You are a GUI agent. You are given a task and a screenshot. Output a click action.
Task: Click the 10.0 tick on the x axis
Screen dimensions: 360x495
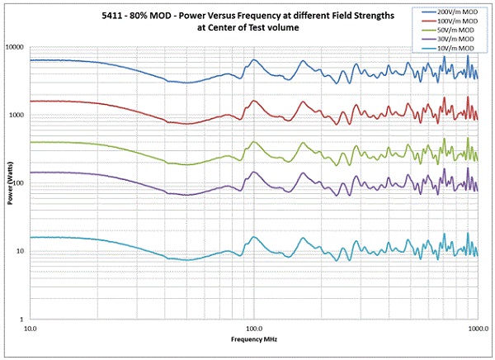31,329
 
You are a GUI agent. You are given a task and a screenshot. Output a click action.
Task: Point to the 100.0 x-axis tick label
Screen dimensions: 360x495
254,329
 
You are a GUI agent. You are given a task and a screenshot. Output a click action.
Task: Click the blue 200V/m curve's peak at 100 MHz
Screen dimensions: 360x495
254,60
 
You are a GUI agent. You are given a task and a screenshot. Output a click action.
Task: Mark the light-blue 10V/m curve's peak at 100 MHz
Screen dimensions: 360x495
254,237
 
